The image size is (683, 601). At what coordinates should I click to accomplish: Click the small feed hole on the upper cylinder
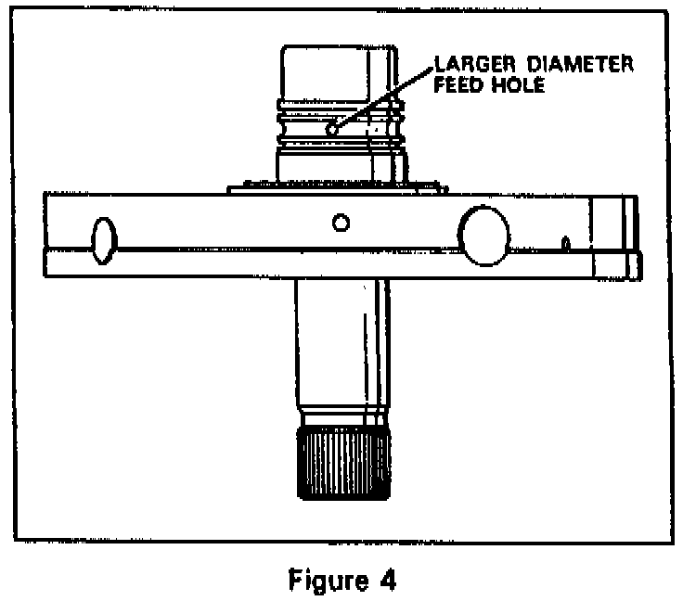(331, 130)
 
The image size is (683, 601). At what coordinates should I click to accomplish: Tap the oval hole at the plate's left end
(103, 238)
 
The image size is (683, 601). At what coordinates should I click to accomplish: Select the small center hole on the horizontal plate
(341, 222)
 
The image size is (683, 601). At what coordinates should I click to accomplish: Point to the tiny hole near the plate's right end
(565, 245)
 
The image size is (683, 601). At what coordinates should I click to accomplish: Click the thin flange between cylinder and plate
(334, 187)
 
